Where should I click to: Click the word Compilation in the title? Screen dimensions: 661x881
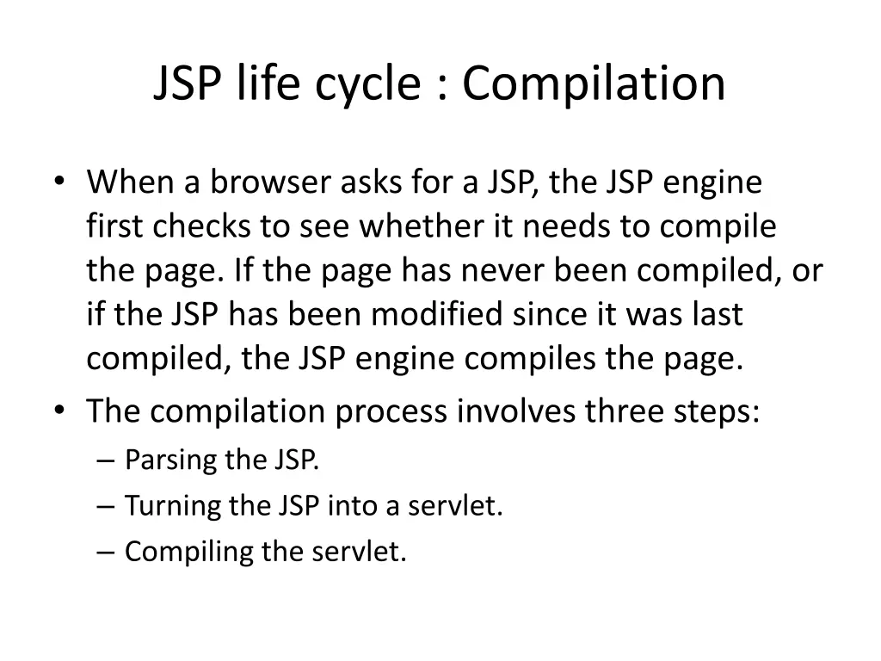pyautogui.click(x=594, y=83)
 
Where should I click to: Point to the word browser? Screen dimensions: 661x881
pyautogui.click(x=274, y=182)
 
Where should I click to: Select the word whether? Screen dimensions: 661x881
pyautogui.click(x=422, y=227)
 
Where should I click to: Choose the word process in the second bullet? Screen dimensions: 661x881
pyautogui.click(x=392, y=411)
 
